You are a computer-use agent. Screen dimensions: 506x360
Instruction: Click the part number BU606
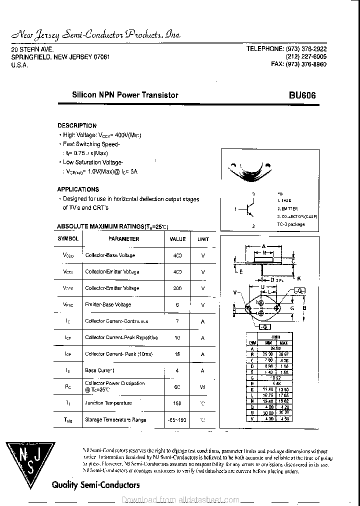click(x=302, y=95)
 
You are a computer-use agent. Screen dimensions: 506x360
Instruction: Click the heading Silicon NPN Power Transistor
click(x=125, y=95)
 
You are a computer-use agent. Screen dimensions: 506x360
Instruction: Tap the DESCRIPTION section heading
click(x=77, y=125)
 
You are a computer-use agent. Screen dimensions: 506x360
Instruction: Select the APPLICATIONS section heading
click(x=78, y=189)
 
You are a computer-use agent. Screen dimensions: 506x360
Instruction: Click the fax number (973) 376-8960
click(x=298, y=64)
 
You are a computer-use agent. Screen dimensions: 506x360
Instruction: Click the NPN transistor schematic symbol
click(x=249, y=209)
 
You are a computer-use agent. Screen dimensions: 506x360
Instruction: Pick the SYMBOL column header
click(x=68, y=239)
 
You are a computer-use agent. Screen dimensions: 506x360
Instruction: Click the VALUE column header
click(x=177, y=239)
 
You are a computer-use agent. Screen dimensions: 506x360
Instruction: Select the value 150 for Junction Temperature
click(x=177, y=403)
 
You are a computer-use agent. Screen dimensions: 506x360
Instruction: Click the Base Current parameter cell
click(x=99, y=370)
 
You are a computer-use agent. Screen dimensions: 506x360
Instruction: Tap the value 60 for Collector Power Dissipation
click(x=177, y=386)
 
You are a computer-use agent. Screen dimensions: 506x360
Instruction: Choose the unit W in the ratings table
click(x=203, y=386)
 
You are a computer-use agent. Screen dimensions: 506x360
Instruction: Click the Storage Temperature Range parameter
click(x=115, y=419)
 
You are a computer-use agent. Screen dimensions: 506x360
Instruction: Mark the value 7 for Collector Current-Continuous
click(x=177, y=321)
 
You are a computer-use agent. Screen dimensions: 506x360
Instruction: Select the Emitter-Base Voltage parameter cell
click(x=108, y=304)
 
